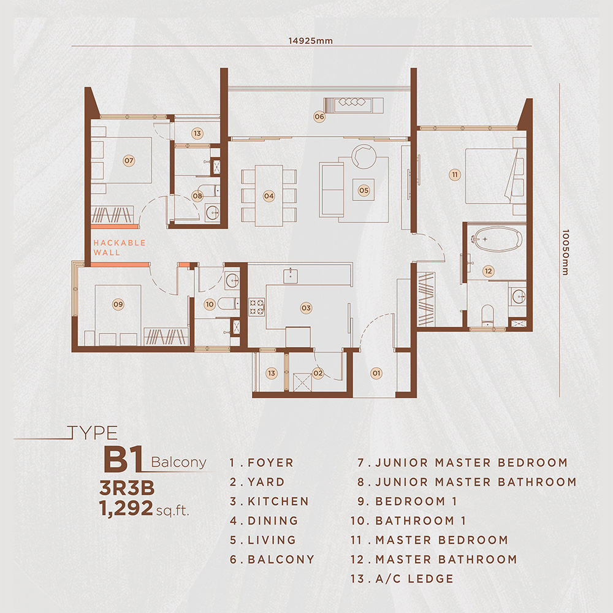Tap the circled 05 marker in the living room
(364, 190)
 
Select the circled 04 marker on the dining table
(268, 196)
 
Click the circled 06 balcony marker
(319, 116)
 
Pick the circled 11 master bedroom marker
(454, 175)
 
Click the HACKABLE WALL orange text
(120, 247)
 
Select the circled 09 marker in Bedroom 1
(118, 303)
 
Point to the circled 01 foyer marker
(376, 372)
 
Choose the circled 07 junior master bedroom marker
(129, 161)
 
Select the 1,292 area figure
(126, 508)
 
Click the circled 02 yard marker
(318, 372)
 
